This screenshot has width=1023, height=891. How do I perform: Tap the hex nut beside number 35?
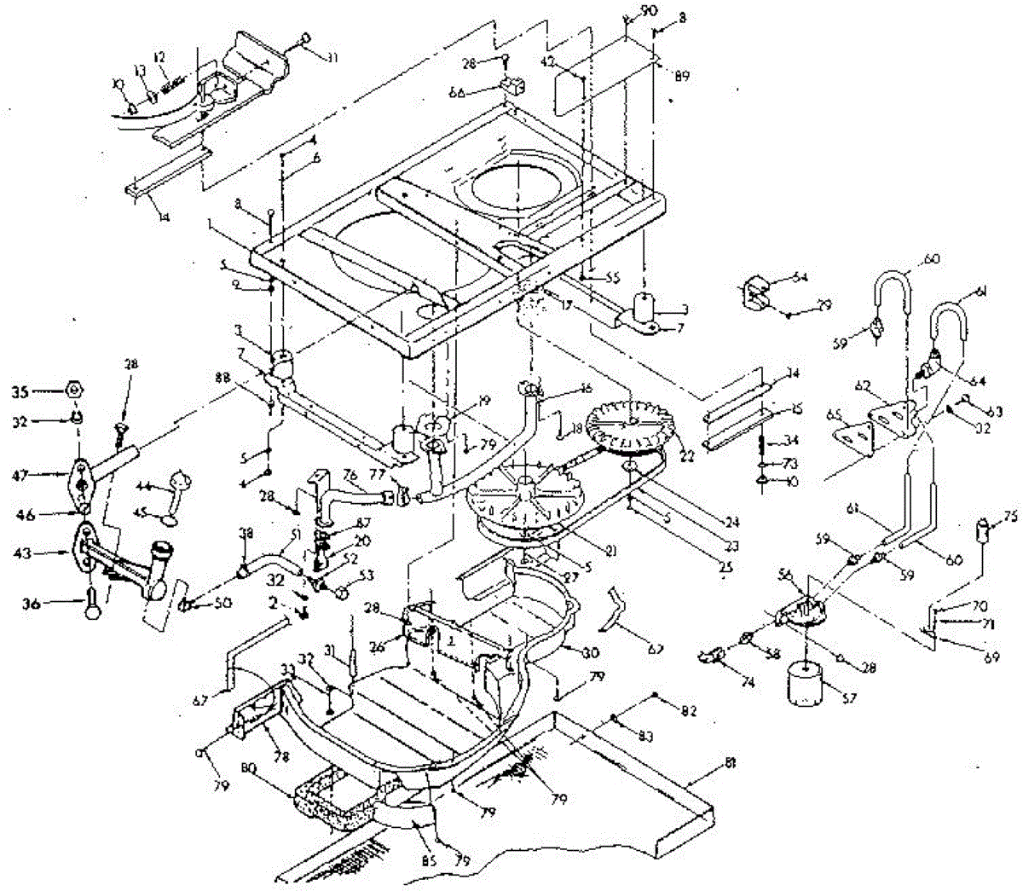pyautogui.click(x=74, y=391)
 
